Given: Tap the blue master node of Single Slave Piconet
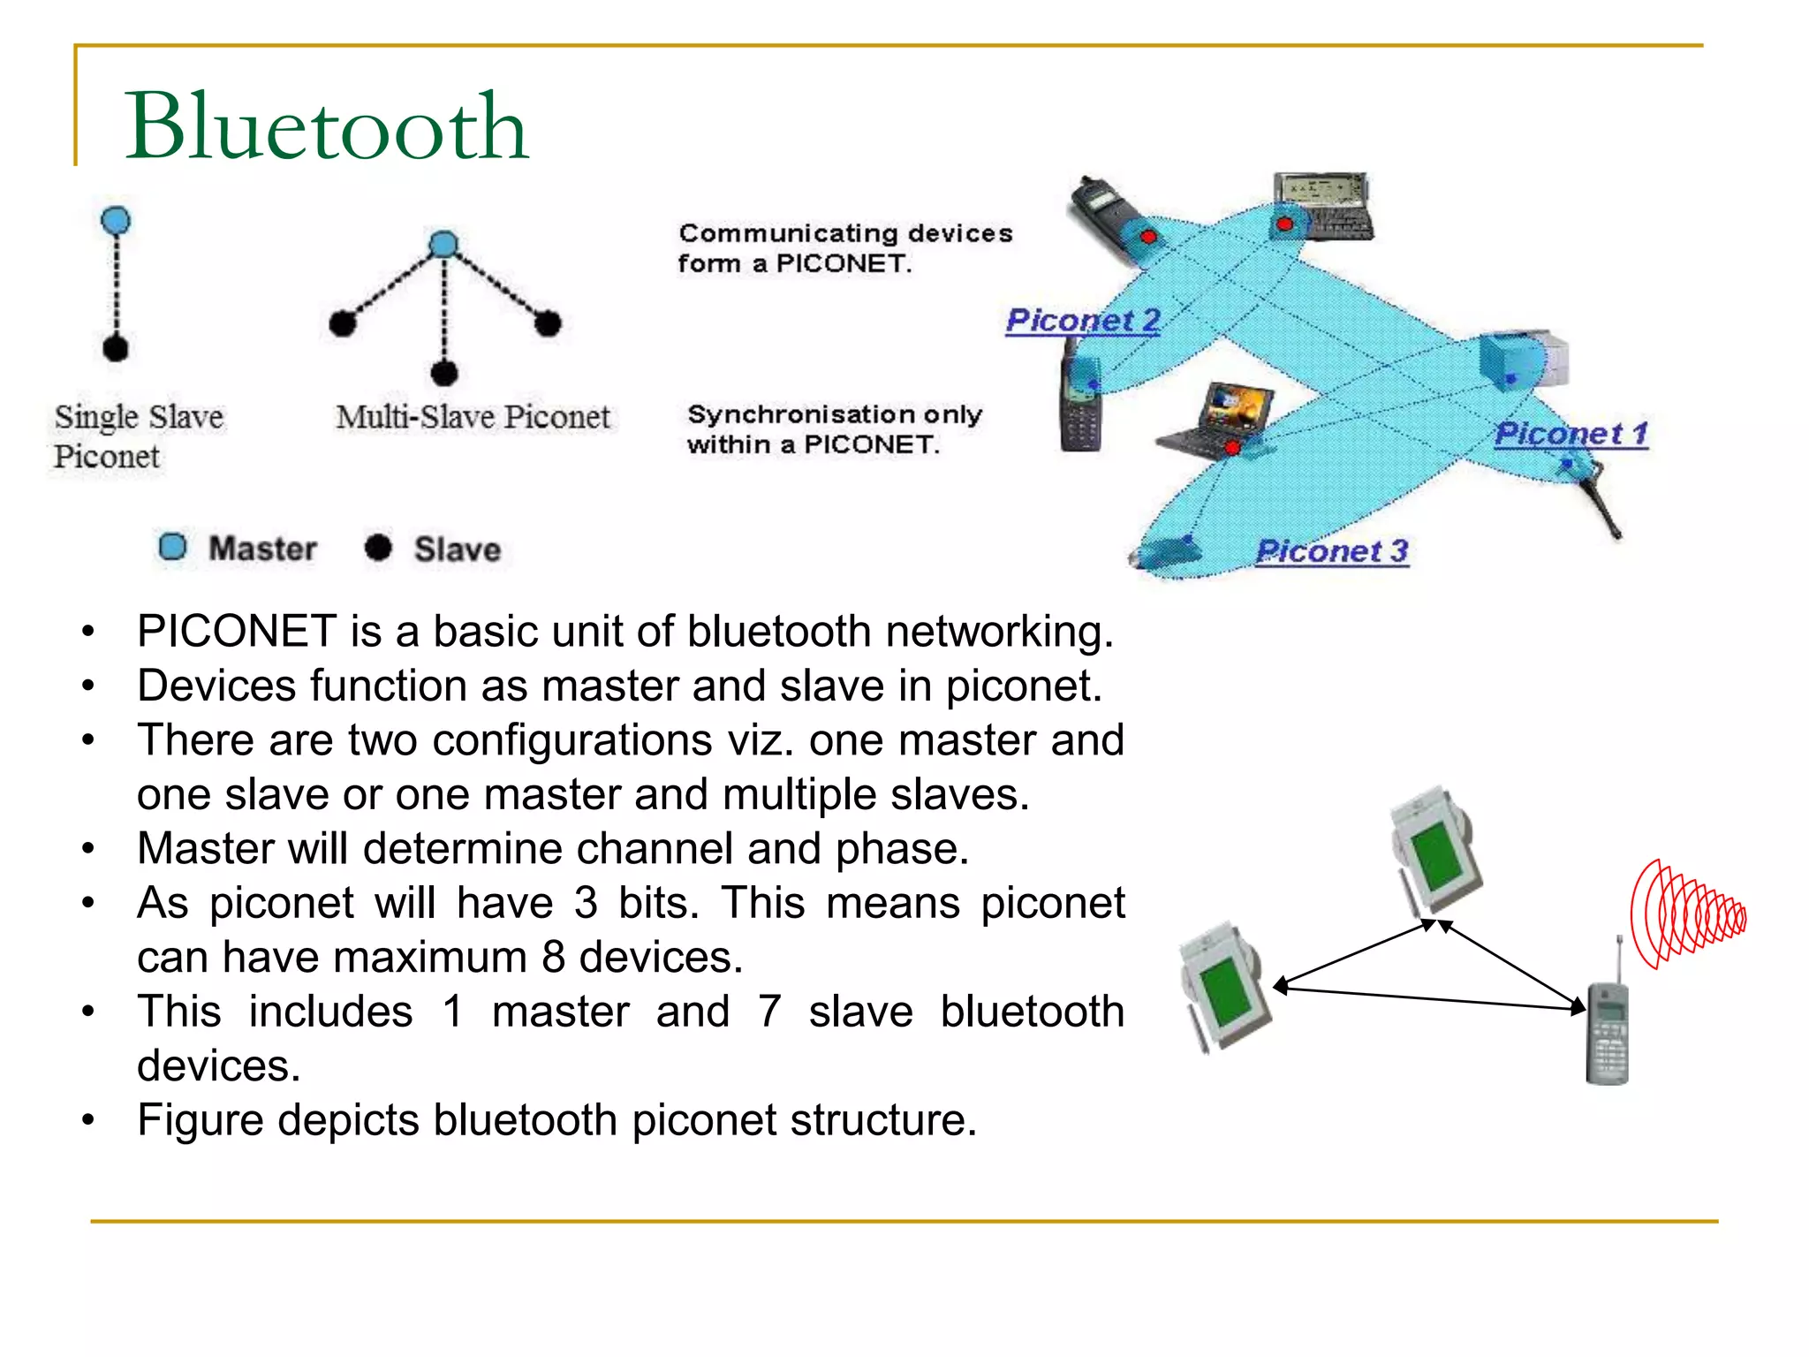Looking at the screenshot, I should click(x=116, y=220).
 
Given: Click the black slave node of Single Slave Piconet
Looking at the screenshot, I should click(x=116, y=349).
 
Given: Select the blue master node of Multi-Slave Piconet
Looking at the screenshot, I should click(x=443, y=244).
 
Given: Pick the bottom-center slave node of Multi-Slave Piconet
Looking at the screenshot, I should click(x=444, y=373).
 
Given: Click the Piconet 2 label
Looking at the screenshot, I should click(x=1083, y=320).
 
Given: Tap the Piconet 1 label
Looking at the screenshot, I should click(x=1571, y=434).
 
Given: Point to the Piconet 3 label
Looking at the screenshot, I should click(x=1331, y=551).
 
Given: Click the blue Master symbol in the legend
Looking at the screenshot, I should click(x=173, y=547).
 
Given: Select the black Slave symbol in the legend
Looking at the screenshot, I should click(x=378, y=548).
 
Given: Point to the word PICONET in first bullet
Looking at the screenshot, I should click(x=237, y=632).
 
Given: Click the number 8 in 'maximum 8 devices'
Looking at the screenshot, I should click(x=554, y=958).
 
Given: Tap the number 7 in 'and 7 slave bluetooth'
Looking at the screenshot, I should click(x=769, y=1012).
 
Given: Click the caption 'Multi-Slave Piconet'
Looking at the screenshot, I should click(x=473, y=417).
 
